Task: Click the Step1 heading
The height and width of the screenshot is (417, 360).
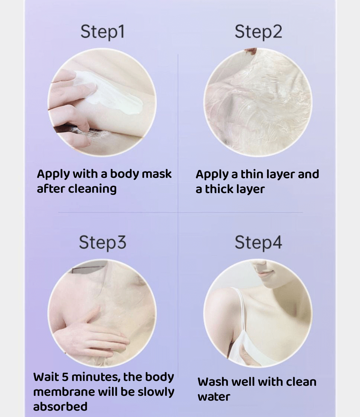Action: click(103, 32)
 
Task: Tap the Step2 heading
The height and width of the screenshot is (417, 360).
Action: click(258, 32)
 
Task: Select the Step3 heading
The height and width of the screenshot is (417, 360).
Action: click(103, 243)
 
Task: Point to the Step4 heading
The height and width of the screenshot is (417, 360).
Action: click(258, 243)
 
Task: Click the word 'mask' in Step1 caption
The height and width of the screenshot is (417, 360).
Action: click(157, 174)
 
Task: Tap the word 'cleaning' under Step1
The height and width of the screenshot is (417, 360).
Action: click(92, 189)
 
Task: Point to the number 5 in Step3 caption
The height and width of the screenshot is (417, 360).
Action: click(65, 377)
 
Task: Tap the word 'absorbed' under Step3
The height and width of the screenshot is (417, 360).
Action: click(60, 407)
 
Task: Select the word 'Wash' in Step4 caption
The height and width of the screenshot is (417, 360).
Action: click(213, 382)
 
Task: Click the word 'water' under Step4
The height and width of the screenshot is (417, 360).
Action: click(214, 397)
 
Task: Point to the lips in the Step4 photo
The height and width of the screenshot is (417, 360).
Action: click(264, 273)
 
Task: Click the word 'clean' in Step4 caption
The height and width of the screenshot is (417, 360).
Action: click(301, 382)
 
